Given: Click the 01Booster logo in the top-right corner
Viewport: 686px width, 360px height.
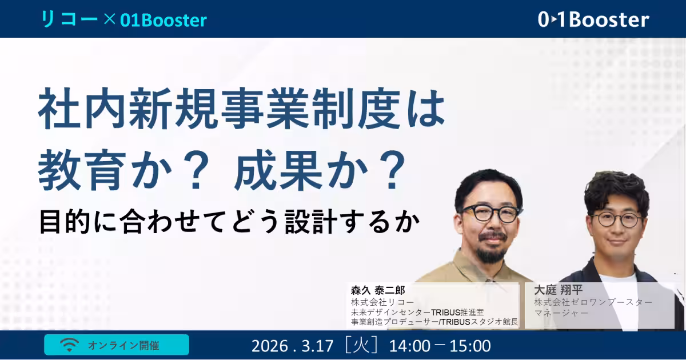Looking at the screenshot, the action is coord(593,19).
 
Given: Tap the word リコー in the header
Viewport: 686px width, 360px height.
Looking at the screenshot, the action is coord(69,19).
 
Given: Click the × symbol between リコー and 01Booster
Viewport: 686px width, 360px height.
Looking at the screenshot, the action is coord(109,19).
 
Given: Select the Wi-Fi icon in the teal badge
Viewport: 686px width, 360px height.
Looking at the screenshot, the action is coord(69,345).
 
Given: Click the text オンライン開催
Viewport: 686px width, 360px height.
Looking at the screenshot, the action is coord(123,345).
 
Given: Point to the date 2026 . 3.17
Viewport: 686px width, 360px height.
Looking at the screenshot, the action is coord(292,346).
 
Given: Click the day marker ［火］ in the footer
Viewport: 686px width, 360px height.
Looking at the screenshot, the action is coord(361,346).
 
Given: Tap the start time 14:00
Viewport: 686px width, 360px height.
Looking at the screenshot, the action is coord(409,346).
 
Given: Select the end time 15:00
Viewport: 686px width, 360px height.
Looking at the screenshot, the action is coord(470,346).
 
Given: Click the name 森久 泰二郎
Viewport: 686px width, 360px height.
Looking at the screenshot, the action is coord(378,290).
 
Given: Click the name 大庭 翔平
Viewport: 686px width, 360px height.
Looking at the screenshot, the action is coord(558,290).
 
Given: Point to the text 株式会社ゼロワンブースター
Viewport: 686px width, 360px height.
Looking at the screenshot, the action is coord(593,302).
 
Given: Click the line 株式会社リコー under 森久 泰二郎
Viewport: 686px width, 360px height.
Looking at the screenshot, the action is coord(382,302).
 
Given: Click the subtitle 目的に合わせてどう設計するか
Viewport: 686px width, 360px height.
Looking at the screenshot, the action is coord(229,222).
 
